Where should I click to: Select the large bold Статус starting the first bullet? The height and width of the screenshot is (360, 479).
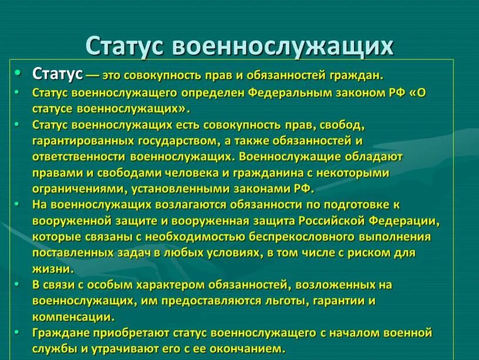tap(58, 74)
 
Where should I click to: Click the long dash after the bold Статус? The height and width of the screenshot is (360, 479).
tap(92, 76)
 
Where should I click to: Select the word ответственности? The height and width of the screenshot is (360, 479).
tap(79, 157)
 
